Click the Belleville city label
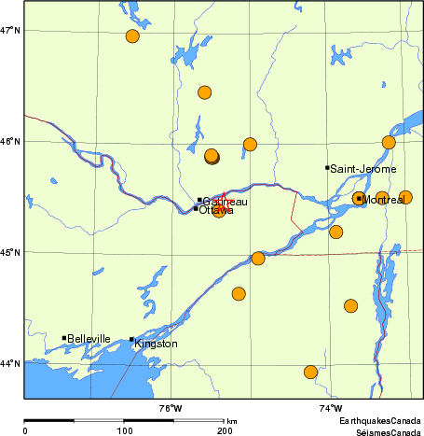(89, 339)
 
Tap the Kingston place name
(156, 345)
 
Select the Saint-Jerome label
(363, 169)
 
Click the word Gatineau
(226, 202)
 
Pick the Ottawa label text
(216, 210)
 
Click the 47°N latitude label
(11, 31)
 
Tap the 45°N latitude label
(11, 252)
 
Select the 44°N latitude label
(11, 363)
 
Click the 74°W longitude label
(330, 408)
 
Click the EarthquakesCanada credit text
(380, 422)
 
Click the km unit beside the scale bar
(231, 422)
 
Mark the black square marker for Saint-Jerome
(327, 168)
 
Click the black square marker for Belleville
(63, 338)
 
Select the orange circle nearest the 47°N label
(132, 36)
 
